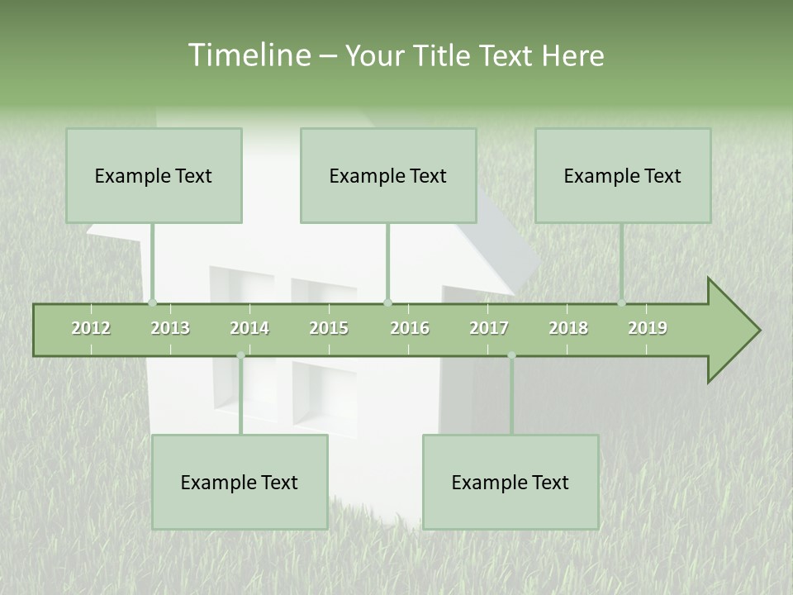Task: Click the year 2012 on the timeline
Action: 91,328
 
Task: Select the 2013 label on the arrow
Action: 170,328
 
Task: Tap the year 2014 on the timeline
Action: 249,328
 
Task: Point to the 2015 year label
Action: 329,328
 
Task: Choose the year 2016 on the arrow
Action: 410,328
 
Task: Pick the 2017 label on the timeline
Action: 489,328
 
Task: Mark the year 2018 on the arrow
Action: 568,328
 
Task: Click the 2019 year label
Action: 648,328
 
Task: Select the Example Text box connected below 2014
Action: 240,482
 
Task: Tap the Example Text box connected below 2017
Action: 510,482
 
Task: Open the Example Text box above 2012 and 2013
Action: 154,175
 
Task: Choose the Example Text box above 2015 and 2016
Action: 388,175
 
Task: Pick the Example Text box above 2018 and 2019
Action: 623,175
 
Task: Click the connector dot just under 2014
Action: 240,355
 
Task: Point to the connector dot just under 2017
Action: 511,355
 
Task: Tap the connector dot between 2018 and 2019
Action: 621,303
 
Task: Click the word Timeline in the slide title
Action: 248,55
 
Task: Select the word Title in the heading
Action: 449,55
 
